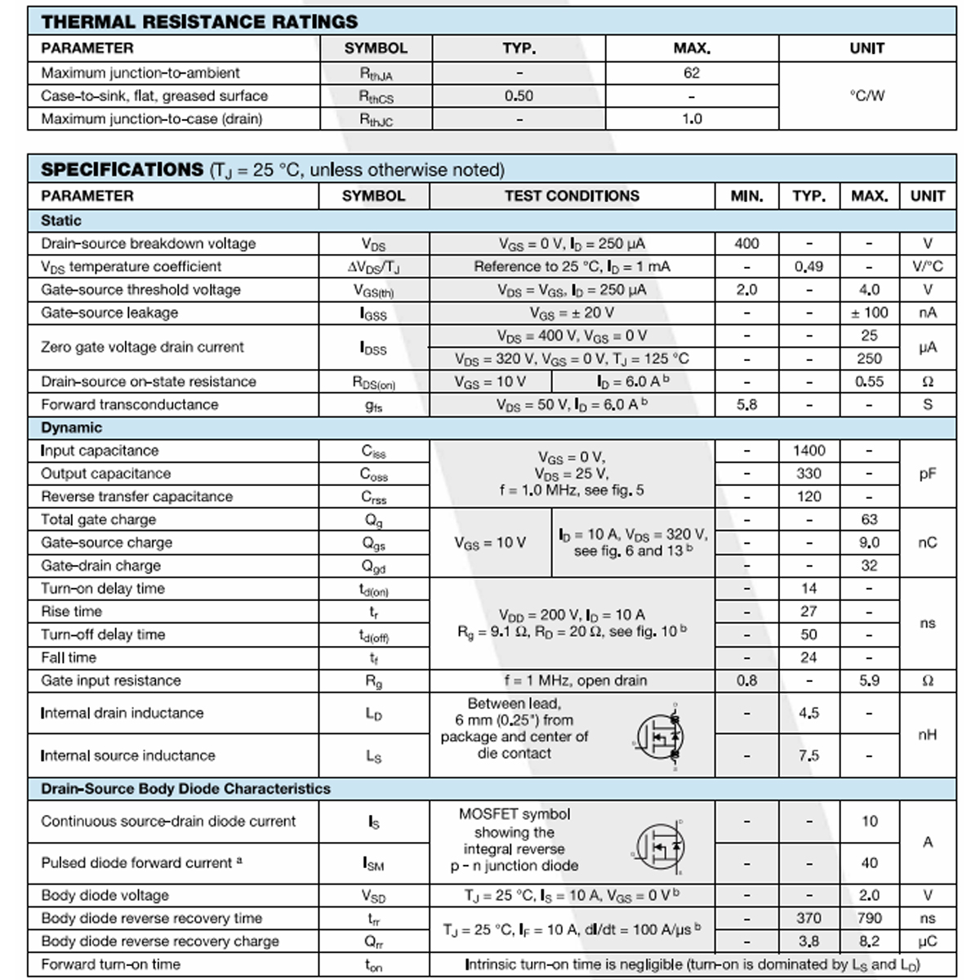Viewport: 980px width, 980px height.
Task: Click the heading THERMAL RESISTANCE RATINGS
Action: [199, 21]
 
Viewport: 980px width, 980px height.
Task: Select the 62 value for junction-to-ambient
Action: [692, 73]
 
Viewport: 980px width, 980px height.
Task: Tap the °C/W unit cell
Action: [866, 96]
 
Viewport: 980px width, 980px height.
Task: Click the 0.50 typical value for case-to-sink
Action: [519, 96]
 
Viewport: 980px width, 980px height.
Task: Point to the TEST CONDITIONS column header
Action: [572, 196]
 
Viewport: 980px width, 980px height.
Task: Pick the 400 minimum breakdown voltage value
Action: [746, 243]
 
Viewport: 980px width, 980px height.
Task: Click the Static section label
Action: [61, 220]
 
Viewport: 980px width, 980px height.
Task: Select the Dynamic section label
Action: [72, 428]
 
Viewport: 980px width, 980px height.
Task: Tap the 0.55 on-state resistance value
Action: [869, 381]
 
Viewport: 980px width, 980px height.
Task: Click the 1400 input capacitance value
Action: [808, 451]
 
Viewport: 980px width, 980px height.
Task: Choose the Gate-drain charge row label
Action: [101, 566]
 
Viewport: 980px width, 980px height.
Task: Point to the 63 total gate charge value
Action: [869, 519]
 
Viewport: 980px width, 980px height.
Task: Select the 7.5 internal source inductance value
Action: [808, 755]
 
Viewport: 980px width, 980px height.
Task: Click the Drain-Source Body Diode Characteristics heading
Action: [185, 789]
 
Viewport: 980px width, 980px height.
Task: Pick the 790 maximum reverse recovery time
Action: [869, 919]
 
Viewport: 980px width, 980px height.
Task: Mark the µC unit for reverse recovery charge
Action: [927, 942]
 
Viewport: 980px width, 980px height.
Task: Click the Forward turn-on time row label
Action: [111, 964]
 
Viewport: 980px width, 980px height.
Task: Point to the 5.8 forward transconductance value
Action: [746, 404]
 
